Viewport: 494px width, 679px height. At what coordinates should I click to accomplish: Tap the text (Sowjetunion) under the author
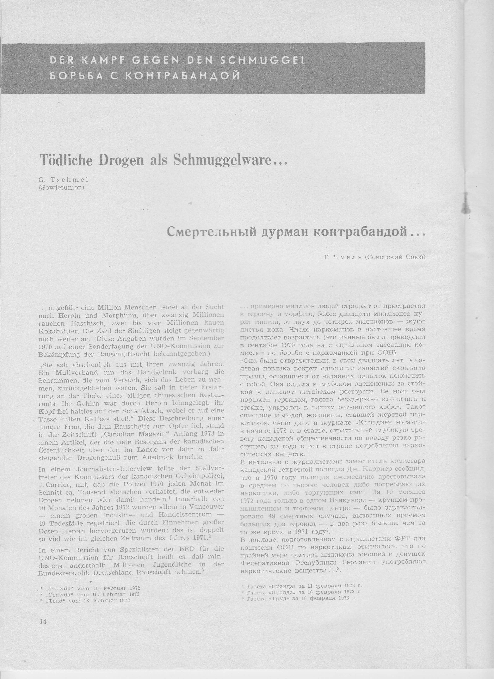(x=61, y=188)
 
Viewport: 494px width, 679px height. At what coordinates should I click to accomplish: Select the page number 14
(x=43, y=613)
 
